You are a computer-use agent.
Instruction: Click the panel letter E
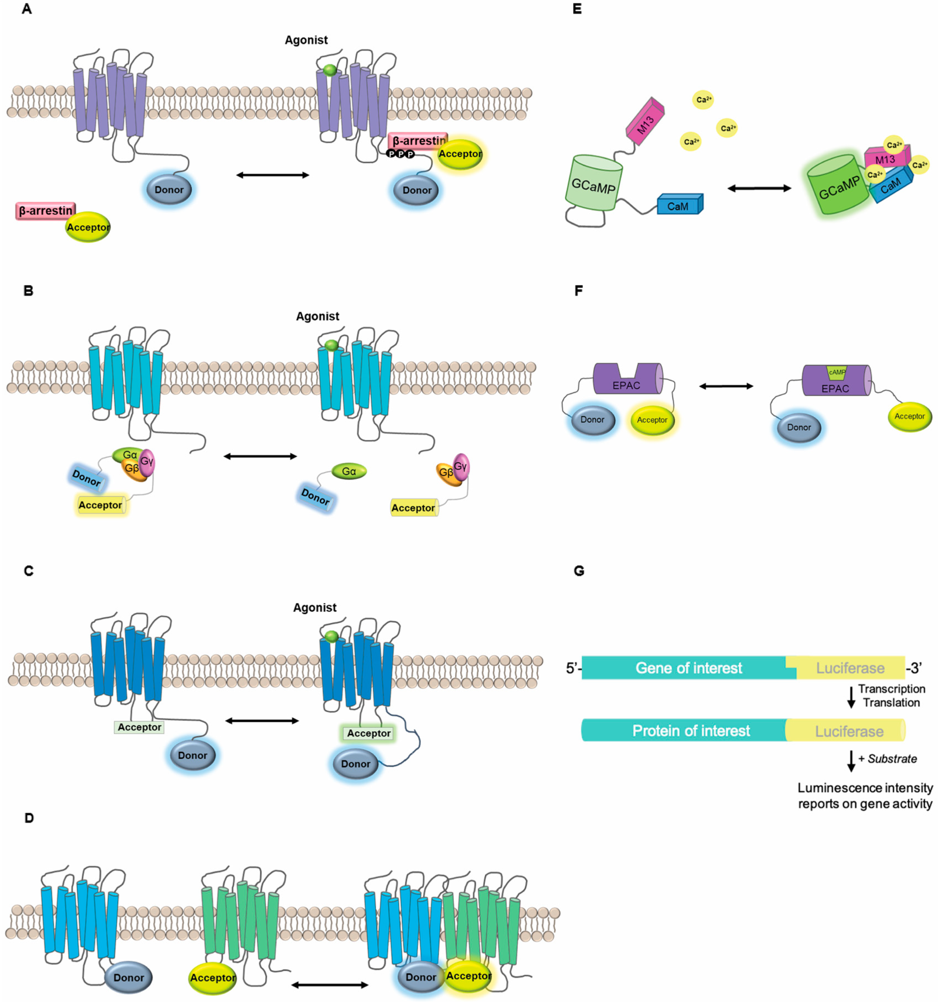coord(577,9)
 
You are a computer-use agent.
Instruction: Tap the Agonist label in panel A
coord(306,40)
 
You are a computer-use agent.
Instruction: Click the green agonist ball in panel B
coord(331,345)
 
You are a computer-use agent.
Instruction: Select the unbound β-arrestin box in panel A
coord(45,211)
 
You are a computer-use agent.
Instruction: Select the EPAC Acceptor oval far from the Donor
coord(909,416)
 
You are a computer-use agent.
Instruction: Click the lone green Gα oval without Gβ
coord(349,471)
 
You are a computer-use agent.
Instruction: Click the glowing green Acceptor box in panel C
coord(368,733)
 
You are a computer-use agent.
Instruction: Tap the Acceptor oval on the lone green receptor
coord(212,977)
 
